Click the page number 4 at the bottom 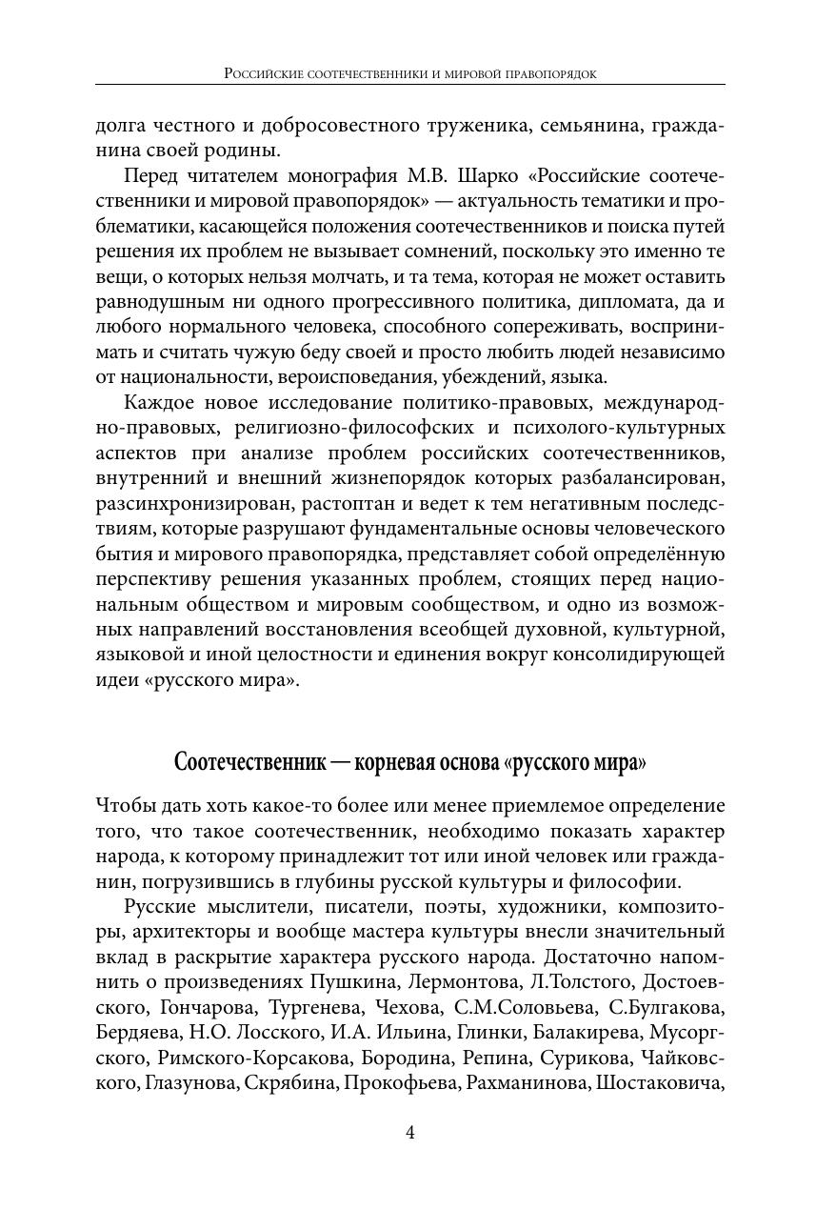409,1133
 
